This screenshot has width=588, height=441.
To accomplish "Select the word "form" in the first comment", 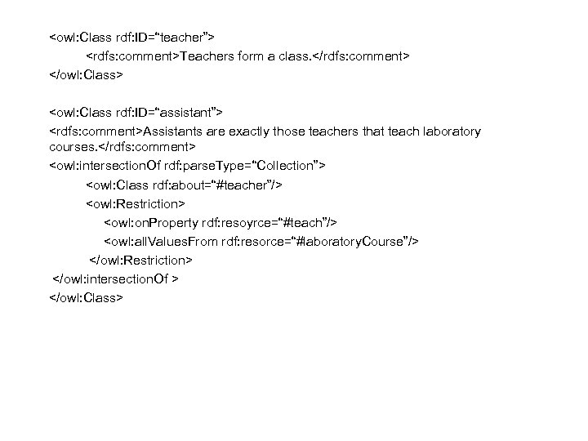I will (x=252, y=56).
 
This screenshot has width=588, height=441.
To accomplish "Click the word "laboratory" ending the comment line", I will (x=449, y=131).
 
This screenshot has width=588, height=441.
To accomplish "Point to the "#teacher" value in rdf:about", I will (x=251, y=185).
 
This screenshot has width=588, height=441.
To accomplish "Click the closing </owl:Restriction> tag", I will (x=140, y=261).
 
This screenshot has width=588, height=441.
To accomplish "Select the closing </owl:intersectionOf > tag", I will (x=116, y=279).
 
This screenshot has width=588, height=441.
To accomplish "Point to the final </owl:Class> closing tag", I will (x=86, y=298).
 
